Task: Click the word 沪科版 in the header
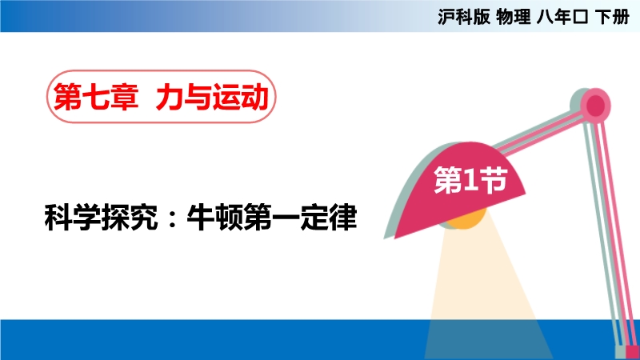coord(464,17)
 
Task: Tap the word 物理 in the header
coord(513,17)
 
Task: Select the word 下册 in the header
coord(612,17)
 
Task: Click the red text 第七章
coord(96,97)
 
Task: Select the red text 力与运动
coord(212,97)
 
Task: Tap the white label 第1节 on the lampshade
coord(470,179)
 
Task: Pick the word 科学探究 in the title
coord(101,217)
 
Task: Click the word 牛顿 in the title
coord(214,217)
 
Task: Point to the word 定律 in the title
coord(329,217)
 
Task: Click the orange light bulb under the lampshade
coord(466,218)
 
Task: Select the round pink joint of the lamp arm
coord(595,106)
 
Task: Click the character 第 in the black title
coord(257,217)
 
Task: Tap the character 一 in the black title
coord(286,218)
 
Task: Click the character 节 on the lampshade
coord(493,179)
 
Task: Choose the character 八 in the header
coord(545,17)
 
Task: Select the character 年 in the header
coord(562,17)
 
